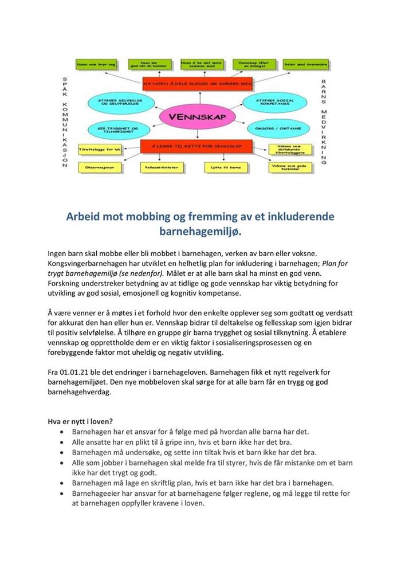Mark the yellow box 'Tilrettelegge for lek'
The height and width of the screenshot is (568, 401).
tap(101, 150)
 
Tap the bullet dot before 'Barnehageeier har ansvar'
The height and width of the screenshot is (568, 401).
tap(62, 493)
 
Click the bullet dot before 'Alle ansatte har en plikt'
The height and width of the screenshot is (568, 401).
tap(62, 442)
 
